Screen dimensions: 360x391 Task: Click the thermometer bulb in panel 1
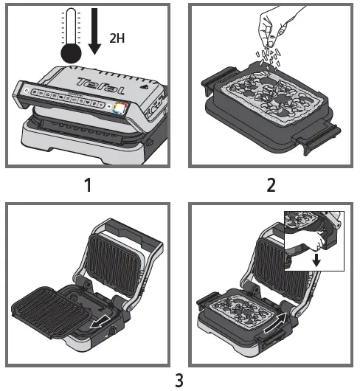71,53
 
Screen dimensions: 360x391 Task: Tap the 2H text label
117,38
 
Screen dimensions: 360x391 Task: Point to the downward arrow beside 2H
94,31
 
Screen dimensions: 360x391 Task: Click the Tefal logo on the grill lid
101,86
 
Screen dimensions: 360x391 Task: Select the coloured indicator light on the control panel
120,108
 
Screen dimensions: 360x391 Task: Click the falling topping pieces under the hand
268,58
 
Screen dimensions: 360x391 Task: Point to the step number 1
88,185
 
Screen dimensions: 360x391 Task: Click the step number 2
271,185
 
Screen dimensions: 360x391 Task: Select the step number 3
179,380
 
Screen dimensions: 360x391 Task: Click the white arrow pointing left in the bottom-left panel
100,322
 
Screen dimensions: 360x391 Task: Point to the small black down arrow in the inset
316,260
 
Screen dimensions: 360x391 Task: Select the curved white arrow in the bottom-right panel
275,322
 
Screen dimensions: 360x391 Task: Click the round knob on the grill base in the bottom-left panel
113,331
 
